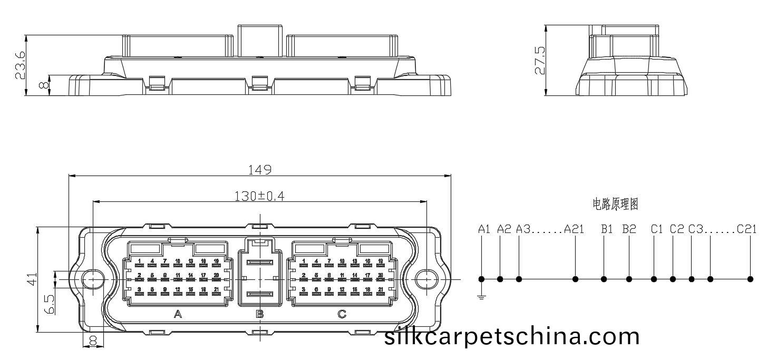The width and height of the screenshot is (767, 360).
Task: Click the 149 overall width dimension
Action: click(259, 170)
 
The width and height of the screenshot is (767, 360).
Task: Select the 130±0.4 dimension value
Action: click(259, 196)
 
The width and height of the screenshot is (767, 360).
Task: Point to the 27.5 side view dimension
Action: click(540, 60)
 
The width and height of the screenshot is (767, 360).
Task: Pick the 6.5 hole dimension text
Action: click(49, 305)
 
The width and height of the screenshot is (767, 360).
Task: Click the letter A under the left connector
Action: click(178, 315)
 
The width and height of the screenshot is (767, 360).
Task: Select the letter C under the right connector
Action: click(342, 315)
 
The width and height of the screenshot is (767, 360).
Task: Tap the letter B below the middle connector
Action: click(259, 315)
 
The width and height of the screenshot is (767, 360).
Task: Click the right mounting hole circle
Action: click(425, 279)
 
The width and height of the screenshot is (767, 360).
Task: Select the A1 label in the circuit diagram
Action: click(484, 229)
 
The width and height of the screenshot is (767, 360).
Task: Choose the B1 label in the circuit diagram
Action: click(607, 229)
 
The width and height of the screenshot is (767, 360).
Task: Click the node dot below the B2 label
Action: click(629, 279)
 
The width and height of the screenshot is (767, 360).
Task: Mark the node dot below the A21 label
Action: click(576, 279)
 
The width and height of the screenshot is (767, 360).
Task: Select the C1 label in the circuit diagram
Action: click(656, 229)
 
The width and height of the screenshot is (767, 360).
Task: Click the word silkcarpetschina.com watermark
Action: click(512, 336)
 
